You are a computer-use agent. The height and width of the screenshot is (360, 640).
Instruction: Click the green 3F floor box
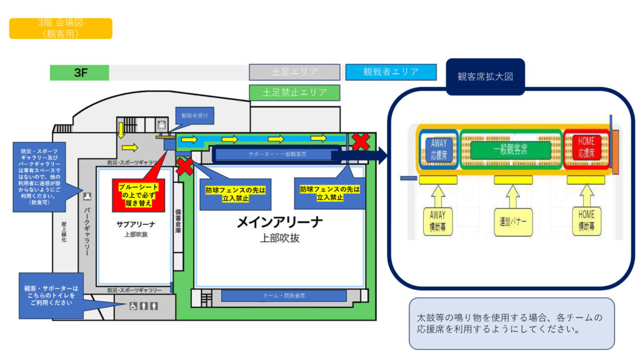(79, 72)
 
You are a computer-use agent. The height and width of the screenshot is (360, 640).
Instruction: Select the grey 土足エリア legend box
(294, 72)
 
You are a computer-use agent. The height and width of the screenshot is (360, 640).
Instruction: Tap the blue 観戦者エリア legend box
(391, 72)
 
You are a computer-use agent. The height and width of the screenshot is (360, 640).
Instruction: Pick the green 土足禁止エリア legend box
(294, 92)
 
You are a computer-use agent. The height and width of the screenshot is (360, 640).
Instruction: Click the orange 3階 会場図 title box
(61, 28)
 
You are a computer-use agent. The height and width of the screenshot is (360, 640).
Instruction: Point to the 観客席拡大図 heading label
(485, 77)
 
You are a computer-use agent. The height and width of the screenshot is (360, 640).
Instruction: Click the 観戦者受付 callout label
(197, 116)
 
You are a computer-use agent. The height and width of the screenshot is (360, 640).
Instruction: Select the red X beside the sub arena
(185, 166)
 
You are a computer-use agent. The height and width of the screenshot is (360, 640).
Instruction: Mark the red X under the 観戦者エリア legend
(361, 142)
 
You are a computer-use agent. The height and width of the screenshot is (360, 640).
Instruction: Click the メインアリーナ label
(281, 222)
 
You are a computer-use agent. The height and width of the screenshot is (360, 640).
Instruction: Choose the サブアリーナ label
(135, 224)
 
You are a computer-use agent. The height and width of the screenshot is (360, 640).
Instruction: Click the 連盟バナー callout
(514, 221)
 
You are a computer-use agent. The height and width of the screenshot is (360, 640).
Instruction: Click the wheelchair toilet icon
(132, 306)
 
